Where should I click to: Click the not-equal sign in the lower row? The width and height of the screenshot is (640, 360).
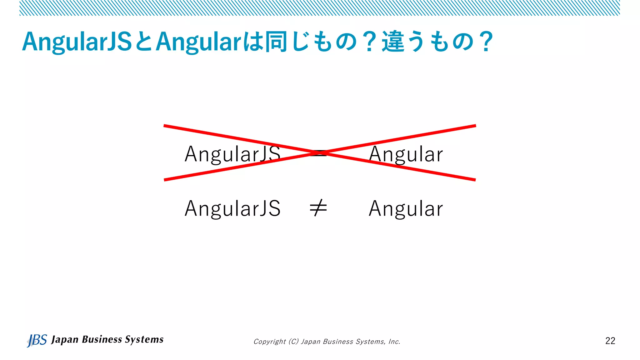318,208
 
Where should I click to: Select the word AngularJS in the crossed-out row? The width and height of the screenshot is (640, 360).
232,154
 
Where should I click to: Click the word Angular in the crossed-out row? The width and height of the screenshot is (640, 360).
406,154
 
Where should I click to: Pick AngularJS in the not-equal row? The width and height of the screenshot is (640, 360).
232,208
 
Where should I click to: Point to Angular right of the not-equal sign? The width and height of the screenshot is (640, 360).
406,208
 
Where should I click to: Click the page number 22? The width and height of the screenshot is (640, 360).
610,341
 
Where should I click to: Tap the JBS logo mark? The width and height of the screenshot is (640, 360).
37,340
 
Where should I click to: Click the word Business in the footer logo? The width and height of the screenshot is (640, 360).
102,339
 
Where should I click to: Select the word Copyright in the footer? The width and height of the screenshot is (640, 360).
269,342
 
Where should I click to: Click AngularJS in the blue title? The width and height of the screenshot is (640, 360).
77,42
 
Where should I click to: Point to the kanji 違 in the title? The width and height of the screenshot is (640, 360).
393,42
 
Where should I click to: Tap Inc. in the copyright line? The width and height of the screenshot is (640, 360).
394,342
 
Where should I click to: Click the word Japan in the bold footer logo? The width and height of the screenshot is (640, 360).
65,340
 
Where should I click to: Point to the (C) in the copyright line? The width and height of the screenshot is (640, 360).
294,342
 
